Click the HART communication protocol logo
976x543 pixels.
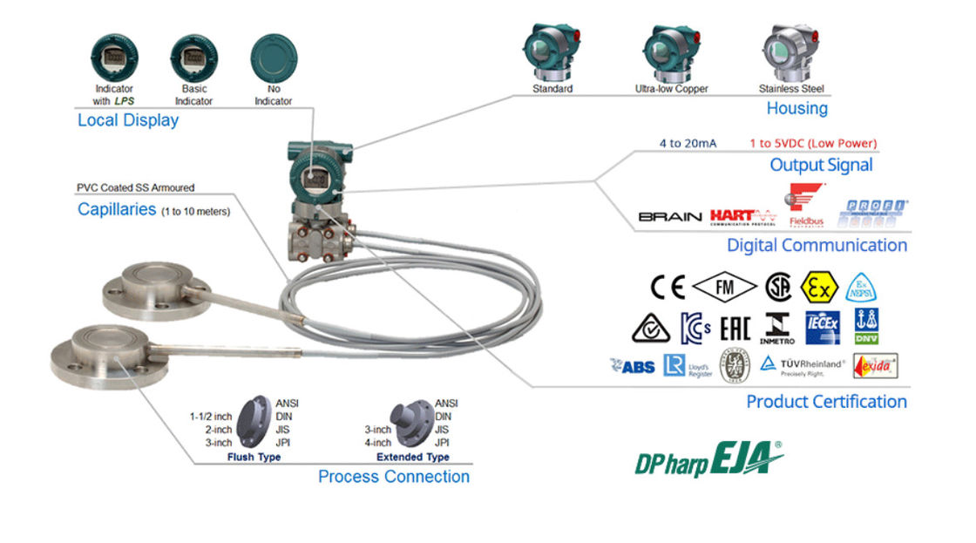tap(742, 215)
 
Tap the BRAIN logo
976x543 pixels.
tap(669, 216)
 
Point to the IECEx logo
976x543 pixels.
tap(822, 327)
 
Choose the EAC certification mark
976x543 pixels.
tap(735, 328)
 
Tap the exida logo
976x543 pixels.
tap(874, 365)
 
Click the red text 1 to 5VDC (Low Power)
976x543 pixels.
tap(812, 143)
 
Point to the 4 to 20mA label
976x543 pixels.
tap(688, 143)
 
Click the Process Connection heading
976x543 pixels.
tap(393, 477)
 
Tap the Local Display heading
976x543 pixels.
tap(128, 120)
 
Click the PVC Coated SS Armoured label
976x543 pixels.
tap(135, 187)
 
